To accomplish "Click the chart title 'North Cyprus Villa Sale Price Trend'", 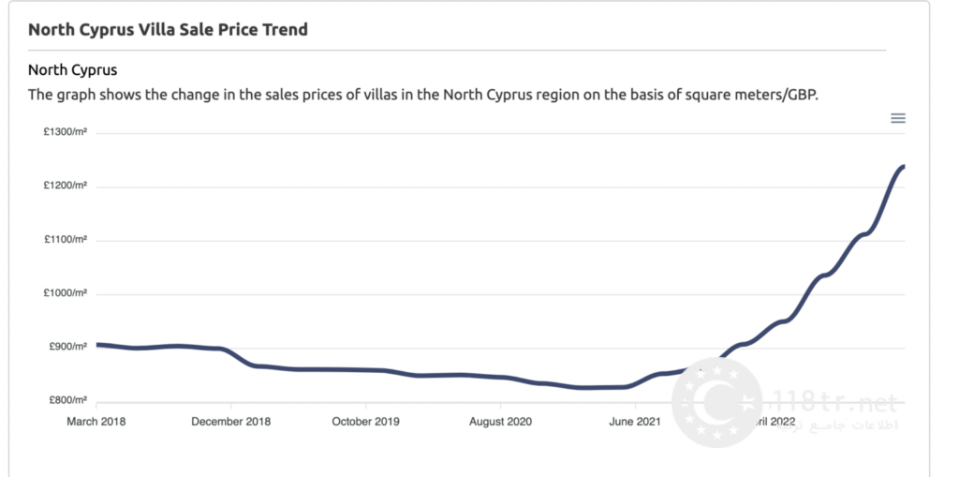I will [x=168, y=29].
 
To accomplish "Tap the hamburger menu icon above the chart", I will [x=897, y=118].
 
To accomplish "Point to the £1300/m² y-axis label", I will [x=66, y=133].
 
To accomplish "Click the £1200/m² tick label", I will [x=66, y=186].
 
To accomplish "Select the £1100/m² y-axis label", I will [x=66, y=240].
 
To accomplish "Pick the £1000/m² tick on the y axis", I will [x=66, y=293].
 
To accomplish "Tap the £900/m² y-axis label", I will [x=66, y=347].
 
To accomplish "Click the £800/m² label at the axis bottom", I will [x=66, y=400].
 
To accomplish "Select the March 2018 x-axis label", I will [x=96, y=422].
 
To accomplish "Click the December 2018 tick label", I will [x=230, y=422].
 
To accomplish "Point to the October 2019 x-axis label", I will [x=365, y=422].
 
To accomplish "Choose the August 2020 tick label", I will [x=500, y=422].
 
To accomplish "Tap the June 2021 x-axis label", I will [x=635, y=422].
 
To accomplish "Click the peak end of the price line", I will [x=903, y=167].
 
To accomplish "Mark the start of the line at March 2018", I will [x=98, y=345].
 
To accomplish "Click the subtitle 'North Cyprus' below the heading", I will [x=72, y=70].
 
